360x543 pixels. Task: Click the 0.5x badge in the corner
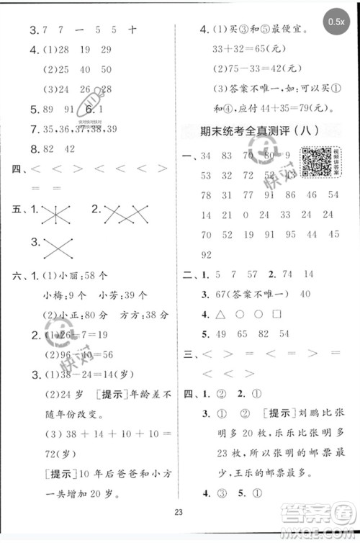pos(336,22)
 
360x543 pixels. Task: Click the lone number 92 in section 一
pos(207,254)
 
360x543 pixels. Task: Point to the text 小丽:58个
pos(81,276)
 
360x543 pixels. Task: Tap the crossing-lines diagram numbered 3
pos(60,248)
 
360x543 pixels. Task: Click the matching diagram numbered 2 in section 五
pos(125,213)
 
